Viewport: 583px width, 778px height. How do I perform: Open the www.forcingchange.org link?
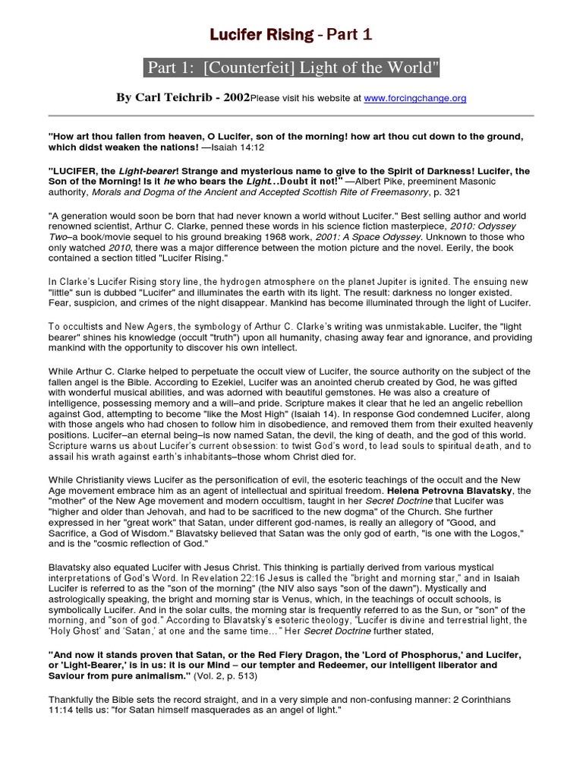click(426, 98)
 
